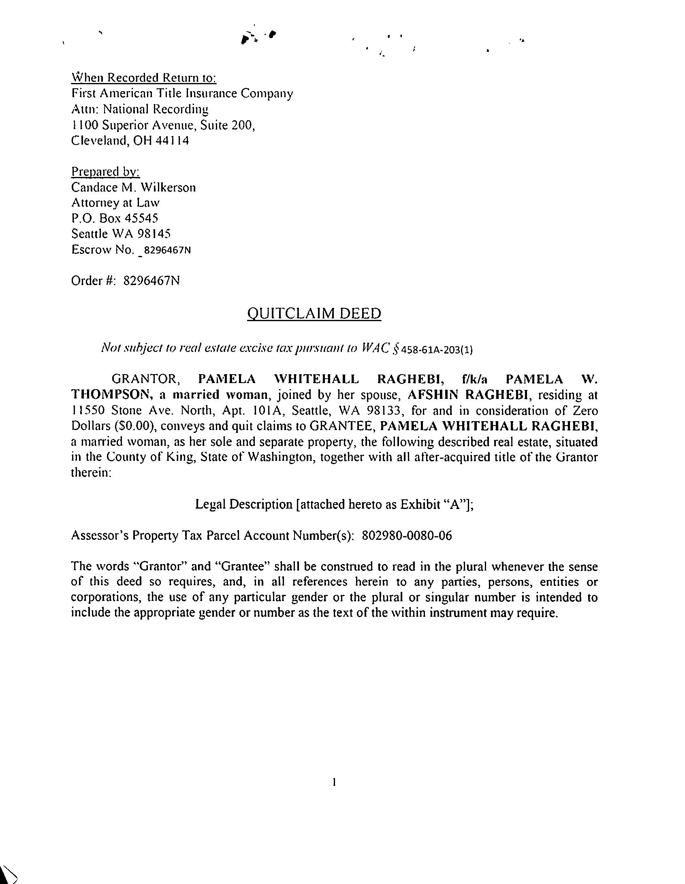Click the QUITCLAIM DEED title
coord(314,314)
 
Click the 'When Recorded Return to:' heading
coord(144,77)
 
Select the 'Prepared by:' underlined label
coord(106,172)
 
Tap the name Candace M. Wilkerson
coord(133,187)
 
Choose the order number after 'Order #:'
coord(151,281)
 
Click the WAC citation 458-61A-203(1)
coord(437,349)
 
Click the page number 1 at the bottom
coord(333,782)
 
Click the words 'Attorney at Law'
coord(115,203)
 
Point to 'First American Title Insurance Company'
coord(182,94)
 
